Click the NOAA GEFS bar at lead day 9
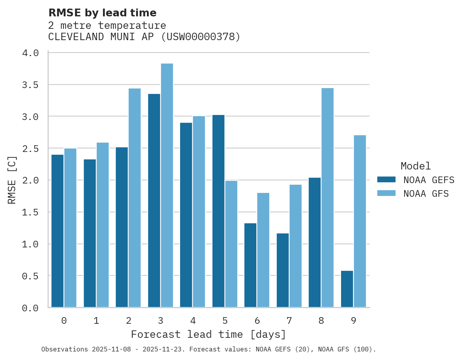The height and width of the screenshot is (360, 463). (347, 289)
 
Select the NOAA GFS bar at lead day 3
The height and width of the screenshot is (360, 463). (167, 185)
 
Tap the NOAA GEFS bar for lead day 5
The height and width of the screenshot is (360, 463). (218, 211)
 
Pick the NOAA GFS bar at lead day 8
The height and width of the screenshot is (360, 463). (327, 198)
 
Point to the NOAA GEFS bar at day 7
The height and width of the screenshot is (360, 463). (283, 270)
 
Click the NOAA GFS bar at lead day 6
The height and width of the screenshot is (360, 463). (263, 250)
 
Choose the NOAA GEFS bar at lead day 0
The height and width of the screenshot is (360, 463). (58, 231)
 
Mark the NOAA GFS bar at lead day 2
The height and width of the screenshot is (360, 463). (134, 198)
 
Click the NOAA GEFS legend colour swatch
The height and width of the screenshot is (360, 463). (386, 180)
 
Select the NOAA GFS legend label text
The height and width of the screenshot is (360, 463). (426, 194)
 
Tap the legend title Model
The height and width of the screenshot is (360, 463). (415, 166)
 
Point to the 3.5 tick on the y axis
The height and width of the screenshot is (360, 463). (30, 85)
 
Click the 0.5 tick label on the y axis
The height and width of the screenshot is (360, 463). (30, 276)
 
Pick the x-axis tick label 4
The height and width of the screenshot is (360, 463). (193, 321)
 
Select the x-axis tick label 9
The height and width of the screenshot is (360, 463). (353, 321)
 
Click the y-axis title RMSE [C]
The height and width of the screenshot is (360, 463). (12, 180)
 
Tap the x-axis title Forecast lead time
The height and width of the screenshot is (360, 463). (209, 335)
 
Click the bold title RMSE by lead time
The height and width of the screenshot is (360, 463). (102, 13)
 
